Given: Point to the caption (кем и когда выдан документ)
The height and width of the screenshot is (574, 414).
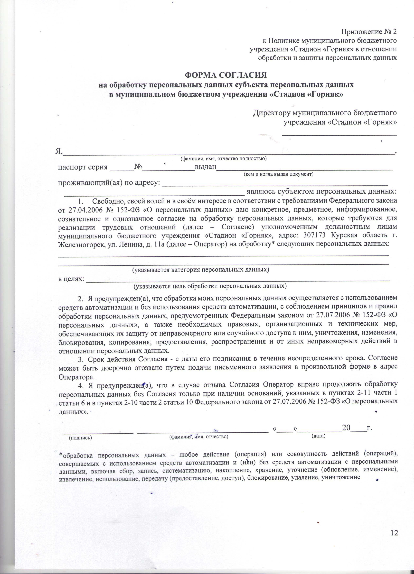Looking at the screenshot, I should (278, 174).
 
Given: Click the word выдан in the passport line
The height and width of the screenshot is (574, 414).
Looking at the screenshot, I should (205, 167).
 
